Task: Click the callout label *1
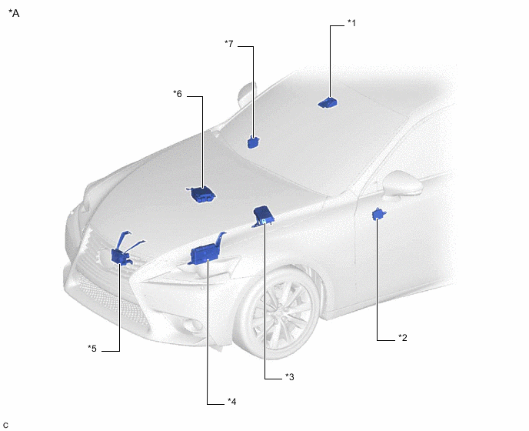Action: click(351, 23)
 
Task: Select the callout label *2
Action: click(403, 337)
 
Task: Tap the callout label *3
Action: click(290, 376)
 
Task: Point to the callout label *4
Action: click(231, 401)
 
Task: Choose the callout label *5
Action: click(92, 348)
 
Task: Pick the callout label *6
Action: click(178, 94)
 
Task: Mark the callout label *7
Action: click(228, 44)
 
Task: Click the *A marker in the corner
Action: click(14, 13)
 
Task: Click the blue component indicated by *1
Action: click(328, 102)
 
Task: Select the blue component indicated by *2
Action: click(379, 214)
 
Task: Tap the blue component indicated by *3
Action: click(263, 216)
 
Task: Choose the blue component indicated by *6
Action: click(201, 194)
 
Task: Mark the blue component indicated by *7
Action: click(253, 142)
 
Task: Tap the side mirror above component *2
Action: click(401, 185)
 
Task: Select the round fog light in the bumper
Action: click(195, 326)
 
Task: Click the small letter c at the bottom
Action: click(5, 426)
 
